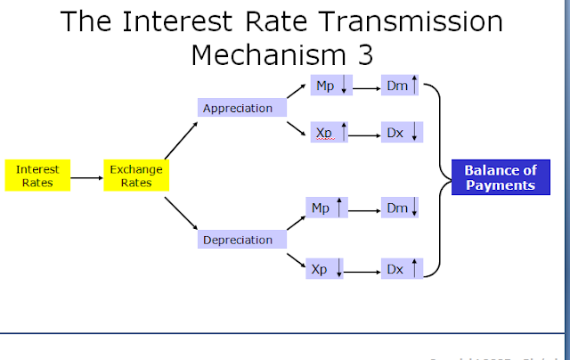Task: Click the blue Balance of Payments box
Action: click(500, 177)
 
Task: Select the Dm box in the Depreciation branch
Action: click(400, 208)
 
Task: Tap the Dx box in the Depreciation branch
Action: click(400, 266)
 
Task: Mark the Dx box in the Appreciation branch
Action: click(400, 132)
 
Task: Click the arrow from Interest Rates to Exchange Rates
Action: click(85, 177)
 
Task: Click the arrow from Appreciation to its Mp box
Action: click(297, 95)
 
